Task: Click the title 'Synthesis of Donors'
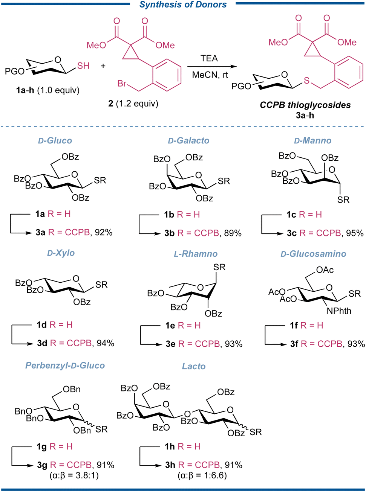point(183,5)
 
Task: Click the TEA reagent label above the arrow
point(209,58)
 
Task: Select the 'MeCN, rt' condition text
point(210,75)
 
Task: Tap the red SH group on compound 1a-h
point(83,66)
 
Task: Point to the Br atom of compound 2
point(122,83)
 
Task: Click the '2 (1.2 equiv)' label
point(133,104)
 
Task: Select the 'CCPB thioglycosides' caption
point(305,105)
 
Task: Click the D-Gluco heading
point(55,141)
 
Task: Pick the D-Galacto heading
point(188,141)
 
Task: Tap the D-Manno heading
point(312,141)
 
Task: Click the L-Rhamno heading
point(196,254)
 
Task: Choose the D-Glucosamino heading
point(313,254)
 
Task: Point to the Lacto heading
point(194,366)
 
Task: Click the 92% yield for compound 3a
point(104,233)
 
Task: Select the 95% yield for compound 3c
point(355,233)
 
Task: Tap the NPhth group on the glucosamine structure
point(339,311)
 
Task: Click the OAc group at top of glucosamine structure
point(325,270)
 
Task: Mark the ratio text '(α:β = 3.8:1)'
point(74,476)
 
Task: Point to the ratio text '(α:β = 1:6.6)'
point(202,476)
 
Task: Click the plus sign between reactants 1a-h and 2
point(103,66)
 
